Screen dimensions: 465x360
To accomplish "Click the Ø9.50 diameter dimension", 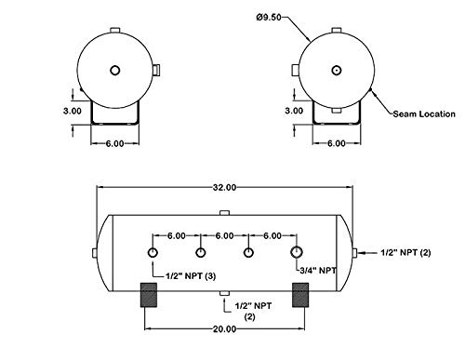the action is pos(269,17).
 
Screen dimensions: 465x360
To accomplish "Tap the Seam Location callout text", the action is pos(424,114).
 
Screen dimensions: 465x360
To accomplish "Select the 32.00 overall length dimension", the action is pos(224,187).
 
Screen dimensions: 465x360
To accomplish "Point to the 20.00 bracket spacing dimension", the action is pos(224,328).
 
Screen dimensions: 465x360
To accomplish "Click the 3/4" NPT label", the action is pos(318,271).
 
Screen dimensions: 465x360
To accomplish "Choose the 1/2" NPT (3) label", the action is pos(191,276).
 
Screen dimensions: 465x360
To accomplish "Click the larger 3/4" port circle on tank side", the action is pos(297,252).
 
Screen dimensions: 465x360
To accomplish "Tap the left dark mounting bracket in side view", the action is pos(149,295).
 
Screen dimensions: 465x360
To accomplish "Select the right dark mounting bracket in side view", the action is pos(300,295).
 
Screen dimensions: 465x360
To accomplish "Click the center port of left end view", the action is pos(115,71).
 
